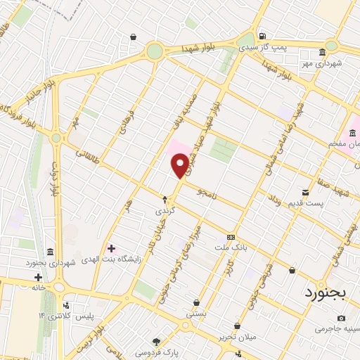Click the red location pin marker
coord(180,165)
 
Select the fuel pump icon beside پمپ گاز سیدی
coord(262,37)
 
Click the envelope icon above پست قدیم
coord(305,192)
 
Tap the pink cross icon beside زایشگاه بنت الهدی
coord(110,247)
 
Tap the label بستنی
coord(196,314)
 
